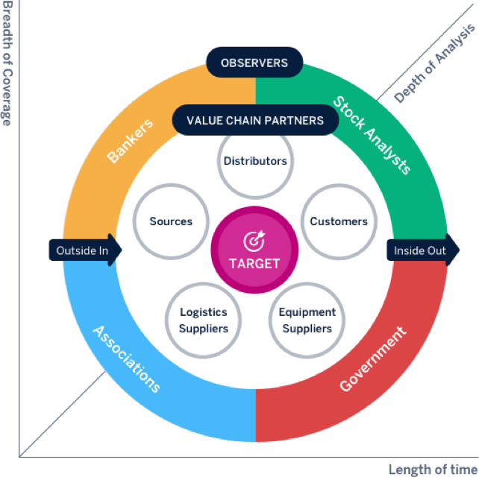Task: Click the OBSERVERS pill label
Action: click(x=255, y=63)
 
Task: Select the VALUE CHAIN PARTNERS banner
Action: click(x=255, y=120)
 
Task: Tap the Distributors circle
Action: click(x=255, y=161)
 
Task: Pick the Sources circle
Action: click(x=171, y=221)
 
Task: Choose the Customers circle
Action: click(x=339, y=221)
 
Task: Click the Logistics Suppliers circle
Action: click(x=204, y=320)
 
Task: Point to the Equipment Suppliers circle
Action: click(x=307, y=320)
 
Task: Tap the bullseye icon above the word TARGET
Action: click(x=255, y=241)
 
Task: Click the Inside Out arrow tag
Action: click(x=422, y=250)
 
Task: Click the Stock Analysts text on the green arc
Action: click(x=372, y=135)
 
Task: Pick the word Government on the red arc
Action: click(x=373, y=358)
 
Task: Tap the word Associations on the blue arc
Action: click(x=126, y=358)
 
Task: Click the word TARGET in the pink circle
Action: click(x=255, y=263)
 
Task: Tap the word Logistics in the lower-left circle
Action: click(x=204, y=312)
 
